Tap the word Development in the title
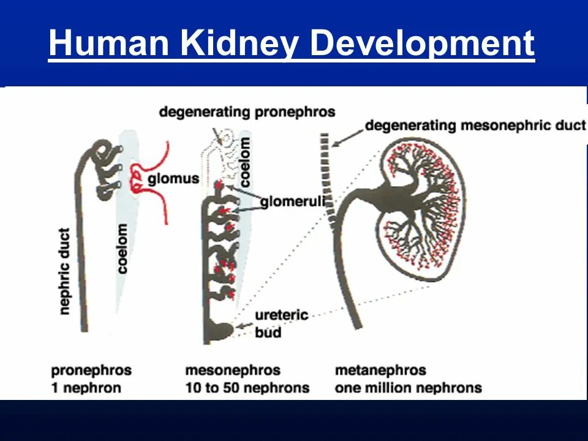(x=422, y=44)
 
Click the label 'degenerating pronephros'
(x=247, y=112)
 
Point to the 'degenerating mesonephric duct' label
(x=475, y=126)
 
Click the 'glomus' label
(x=173, y=179)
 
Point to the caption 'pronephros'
(x=91, y=371)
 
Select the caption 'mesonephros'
(x=233, y=371)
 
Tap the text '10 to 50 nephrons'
(x=247, y=388)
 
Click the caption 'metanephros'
(x=380, y=371)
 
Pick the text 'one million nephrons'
(x=409, y=388)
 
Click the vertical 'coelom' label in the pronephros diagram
(x=123, y=248)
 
